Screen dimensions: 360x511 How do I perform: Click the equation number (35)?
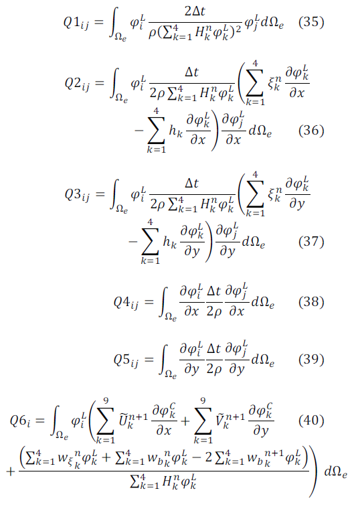[x=311, y=22]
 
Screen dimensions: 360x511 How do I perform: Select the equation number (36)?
[x=311, y=130]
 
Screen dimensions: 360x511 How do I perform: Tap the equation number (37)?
[x=311, y=242]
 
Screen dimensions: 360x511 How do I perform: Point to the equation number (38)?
[x=311, y=302]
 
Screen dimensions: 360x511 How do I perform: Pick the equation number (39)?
[x=311, y=359]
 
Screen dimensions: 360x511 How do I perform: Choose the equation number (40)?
[x=311, y=420]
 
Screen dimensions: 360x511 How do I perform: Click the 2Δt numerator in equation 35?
[x=195, y=11]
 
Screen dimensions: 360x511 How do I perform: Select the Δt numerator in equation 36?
[x=192, y=72]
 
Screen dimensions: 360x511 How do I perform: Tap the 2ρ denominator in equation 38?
[x=214, y=312]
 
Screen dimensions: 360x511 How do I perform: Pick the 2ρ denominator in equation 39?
[x=214, y=369]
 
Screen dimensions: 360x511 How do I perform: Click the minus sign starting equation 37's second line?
[x=132, y=242]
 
